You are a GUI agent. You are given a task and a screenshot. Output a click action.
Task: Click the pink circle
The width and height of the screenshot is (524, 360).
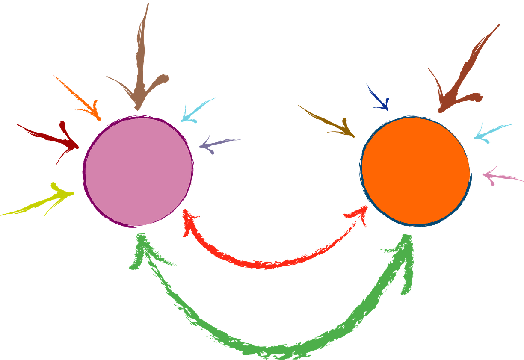138,171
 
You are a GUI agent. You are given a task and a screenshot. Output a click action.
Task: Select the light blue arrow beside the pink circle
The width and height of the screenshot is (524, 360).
195,111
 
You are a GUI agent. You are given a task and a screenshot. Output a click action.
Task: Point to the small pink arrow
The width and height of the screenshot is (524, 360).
500,176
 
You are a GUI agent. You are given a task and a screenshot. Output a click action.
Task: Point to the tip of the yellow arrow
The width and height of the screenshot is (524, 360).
73,193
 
